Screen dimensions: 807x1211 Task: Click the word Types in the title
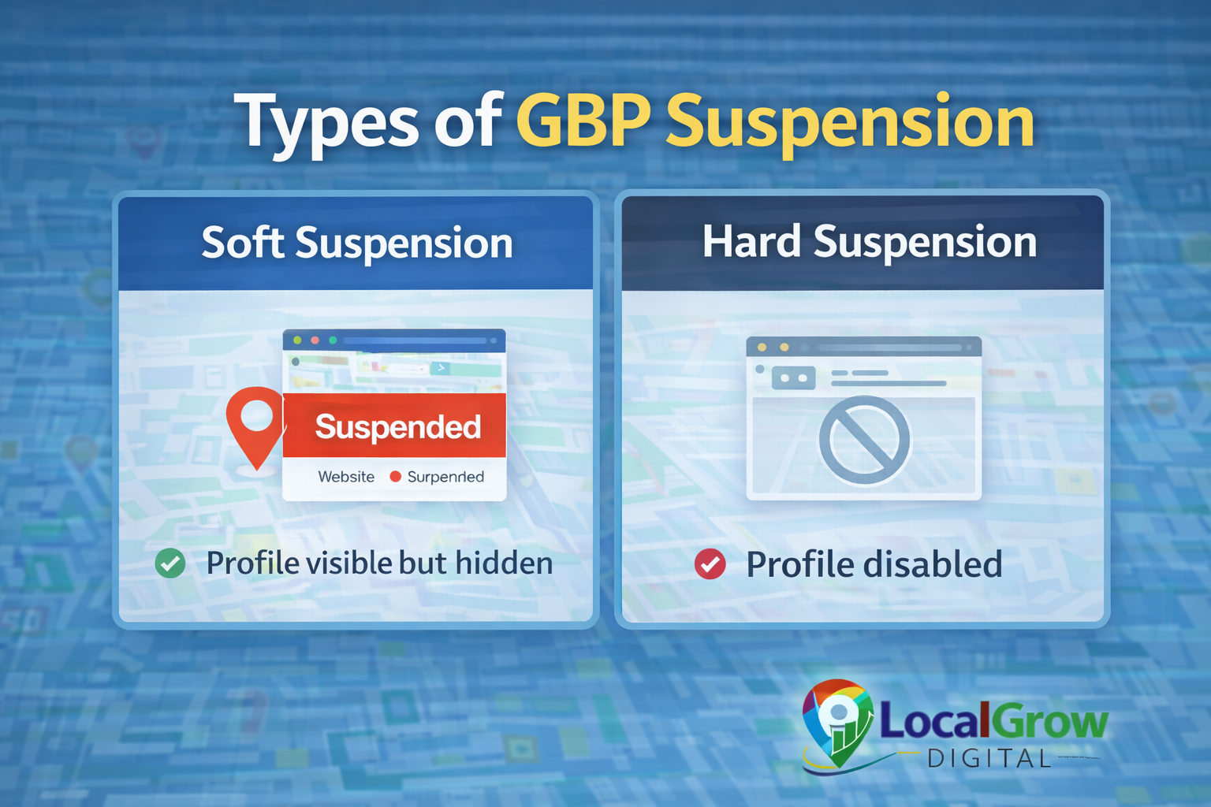pyautogui.click(x=330, y=123)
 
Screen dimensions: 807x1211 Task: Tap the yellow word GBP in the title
pyautogui.click(x=583, y=121)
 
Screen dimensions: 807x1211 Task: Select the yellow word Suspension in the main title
pyautogui.click(x=850, y=123)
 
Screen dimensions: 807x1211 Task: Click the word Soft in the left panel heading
pyautogui.click(x=242, y=243)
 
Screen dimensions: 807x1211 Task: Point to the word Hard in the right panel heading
pyautogui.click(x=751, y=241)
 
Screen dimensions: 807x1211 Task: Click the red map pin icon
pyautogui.click(x=255, y=422)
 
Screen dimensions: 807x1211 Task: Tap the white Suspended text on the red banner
pyautogui.click(x=397, y=426)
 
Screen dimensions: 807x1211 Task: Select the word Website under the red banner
pyautogui.click(x=346, y=477)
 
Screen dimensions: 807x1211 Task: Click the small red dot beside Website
pyautogui.click(x=396, y=476)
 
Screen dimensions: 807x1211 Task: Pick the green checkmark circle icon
pyautogui.click(x=170, y=563)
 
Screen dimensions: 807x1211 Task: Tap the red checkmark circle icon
pyautogui.click(x=710, y=563)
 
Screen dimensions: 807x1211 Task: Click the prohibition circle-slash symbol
pyautogui.click(x=864, y=440)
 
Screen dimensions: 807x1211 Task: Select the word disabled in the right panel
pyautogui.click(x=933, y=564)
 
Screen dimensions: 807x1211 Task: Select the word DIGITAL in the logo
pyautogui.click(x=989, y=759)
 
